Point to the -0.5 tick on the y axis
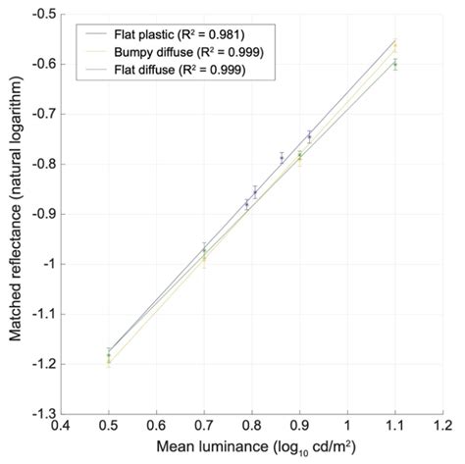[x=42, y=15]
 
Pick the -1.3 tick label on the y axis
[x=42, y=414]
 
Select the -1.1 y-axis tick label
[x=42, y=314]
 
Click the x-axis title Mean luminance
[x=251, y=446]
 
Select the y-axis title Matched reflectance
[x=16, y=214]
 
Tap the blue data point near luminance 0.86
[x=282, y=157]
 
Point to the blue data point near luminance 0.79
[x=247, y=203]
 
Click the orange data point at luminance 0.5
[x=109, y=360]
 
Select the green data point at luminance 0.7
[x=204, y=252]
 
